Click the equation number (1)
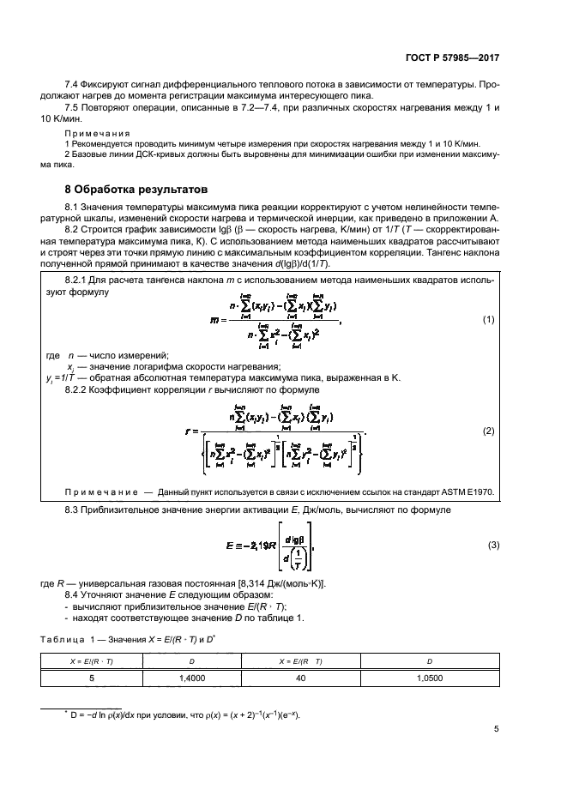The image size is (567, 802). click(x=490, y=319)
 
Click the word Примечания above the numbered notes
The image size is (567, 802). click(x=97, y=133)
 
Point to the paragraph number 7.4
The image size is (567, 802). click(x=74, y=86)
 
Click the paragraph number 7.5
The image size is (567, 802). click(x=74, y=109)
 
